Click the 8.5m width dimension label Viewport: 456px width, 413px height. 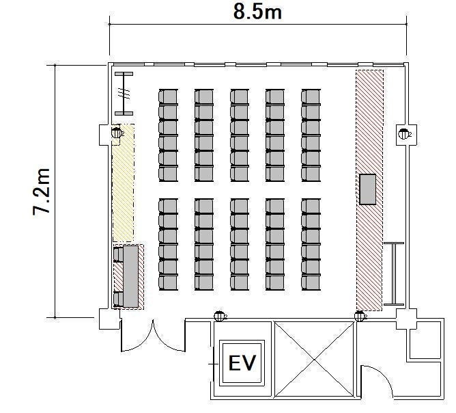(257, 12)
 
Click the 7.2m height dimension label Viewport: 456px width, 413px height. (41, 191)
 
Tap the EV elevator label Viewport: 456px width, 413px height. (242, 363)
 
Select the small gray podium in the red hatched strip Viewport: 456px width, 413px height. (367, 189)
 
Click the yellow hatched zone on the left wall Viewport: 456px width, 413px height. (123, 183)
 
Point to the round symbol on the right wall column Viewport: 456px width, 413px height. (403, 134)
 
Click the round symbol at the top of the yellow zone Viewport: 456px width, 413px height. (117, 133)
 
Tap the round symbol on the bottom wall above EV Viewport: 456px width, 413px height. (220, 316)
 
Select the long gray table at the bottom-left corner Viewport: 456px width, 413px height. (130, 276)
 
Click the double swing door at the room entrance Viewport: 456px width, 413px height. (153, 336)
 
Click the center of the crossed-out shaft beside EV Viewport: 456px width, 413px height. (315, 360)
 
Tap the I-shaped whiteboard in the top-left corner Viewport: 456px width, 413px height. (124, 94)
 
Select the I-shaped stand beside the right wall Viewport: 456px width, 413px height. (394, 274)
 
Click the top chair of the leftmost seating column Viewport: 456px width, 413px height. (168, 97)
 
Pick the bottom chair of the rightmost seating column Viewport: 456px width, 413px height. (311, 282)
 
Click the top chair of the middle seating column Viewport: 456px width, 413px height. (240, 97)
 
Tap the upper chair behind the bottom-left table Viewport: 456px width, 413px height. (118, 254)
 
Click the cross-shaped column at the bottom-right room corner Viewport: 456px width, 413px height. (406, 319)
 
